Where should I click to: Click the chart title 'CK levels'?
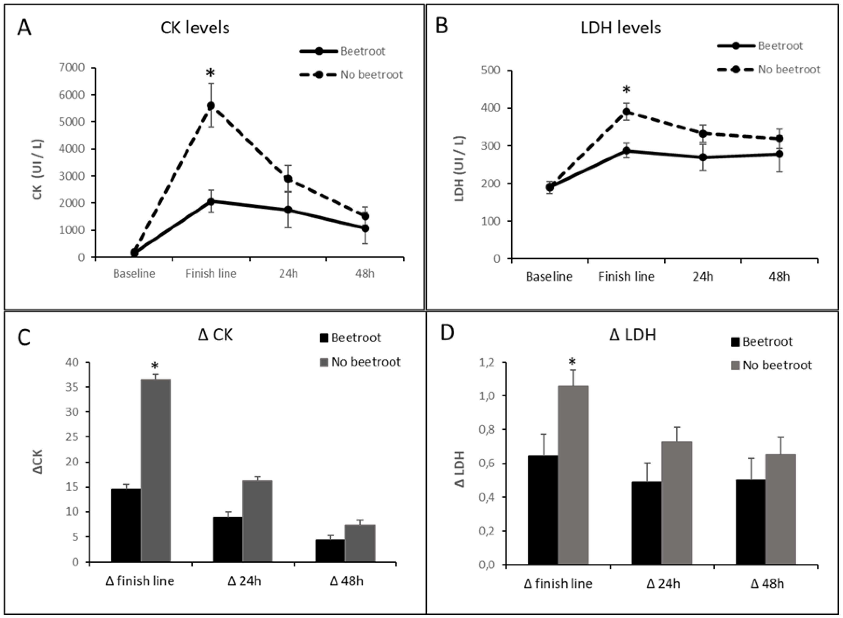[195, 28]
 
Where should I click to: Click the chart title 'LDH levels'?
[621, 28]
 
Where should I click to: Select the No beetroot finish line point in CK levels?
[211, 105]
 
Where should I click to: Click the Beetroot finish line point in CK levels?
[211, 201]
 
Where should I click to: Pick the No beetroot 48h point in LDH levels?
[779, 138]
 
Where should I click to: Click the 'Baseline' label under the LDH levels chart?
[549, 277]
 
